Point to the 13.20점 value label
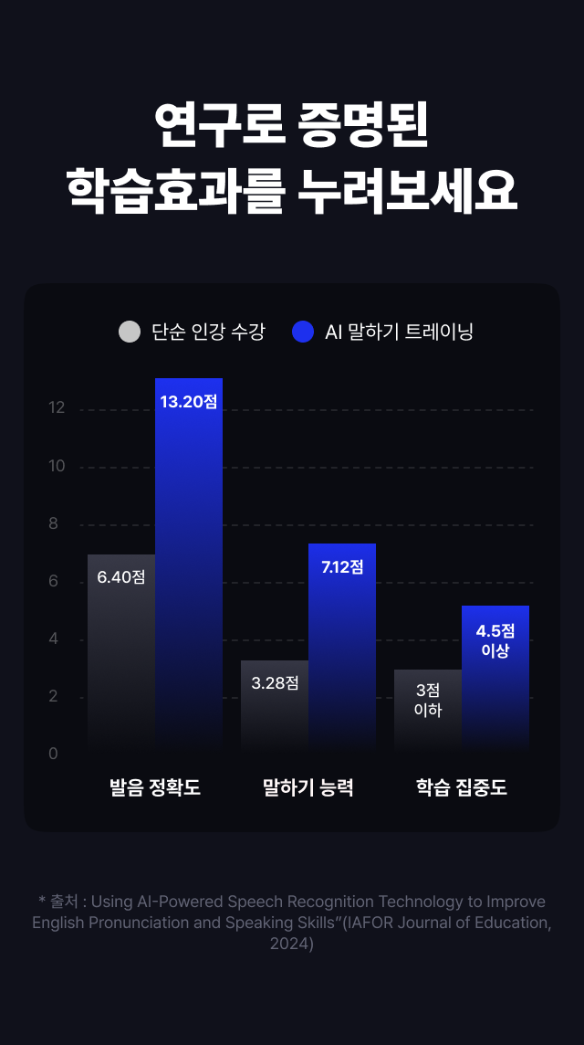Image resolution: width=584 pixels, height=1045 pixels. pyautogui.click(x=189, y=402)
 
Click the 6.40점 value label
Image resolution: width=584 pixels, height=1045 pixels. pyautogui.click(x=121, y=577)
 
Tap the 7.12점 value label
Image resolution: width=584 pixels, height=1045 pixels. pyautogui.click(x=342, y=567)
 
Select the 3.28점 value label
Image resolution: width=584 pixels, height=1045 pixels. pyautogui.click(x=275, y=683)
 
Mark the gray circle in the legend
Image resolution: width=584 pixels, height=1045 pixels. pyautogui.click(x=130, y=332)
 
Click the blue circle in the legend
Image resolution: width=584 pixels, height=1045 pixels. pyautogui.click(x=303, y=332)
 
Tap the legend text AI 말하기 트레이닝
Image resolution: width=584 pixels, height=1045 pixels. pyautogui.click(x=399, y=332)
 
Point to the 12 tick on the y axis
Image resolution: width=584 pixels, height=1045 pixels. pyautogui.click(x=57, y=408)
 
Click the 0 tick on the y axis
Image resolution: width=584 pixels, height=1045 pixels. pyautogui.click(x=53, y=754)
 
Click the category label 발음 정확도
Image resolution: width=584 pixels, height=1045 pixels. pyautogui.click(x=155, y=787)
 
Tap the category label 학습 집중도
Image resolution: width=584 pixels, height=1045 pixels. pyautogui.click(x=462, y=787)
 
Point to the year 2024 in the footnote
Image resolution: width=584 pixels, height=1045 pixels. pyautogui.click(x=292, y=944)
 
